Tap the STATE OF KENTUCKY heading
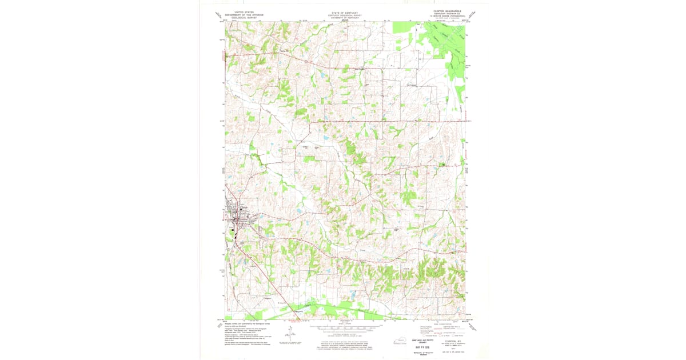click(345, 11)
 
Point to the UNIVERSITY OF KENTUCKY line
click(345, 18)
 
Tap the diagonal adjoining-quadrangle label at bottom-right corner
click(472, 325)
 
